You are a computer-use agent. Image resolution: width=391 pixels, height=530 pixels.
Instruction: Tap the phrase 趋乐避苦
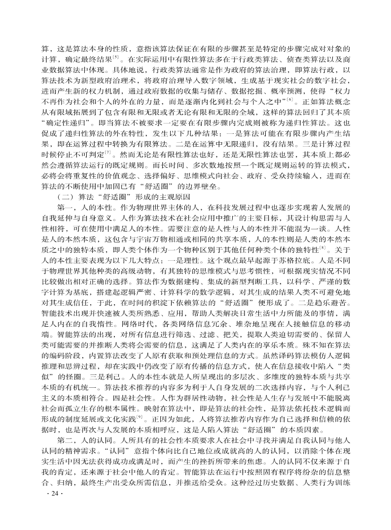pos(333,306)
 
